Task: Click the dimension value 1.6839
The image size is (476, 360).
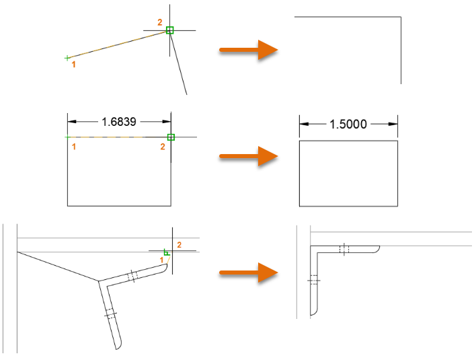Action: [x=119, y=122]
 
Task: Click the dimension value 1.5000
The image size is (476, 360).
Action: [x=348, y=124]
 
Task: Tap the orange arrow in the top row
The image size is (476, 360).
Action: [x=248, y=50]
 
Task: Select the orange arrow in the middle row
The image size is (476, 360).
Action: [x=248, y=156]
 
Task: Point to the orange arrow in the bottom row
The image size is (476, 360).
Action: [x=248, y=273]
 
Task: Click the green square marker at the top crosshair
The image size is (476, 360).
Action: [x=170, y=30]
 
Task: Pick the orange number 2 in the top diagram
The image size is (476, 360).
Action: [x=160, y=22]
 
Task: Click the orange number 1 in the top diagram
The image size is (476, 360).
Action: [x=73, y=64]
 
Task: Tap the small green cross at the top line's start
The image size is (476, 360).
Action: [x=67, y=58]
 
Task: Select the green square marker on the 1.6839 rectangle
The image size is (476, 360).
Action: [x=171, y=137]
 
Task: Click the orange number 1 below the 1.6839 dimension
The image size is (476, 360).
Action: [x=73, y=147]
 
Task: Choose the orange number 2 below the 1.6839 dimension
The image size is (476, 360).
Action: [x=163, y=147]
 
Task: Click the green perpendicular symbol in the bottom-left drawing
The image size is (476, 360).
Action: [x=166, y=252]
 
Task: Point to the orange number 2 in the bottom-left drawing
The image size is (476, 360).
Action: [x=179, y=245]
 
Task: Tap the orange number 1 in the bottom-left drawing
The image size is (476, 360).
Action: [x=161, y=260]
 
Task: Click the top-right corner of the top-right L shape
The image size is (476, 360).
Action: [x=401, y=17]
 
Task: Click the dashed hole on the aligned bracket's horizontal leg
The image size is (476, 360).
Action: [x=344, y=249]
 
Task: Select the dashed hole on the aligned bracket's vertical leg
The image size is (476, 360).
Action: [x=314, y=280]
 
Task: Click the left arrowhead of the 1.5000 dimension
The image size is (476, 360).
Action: [x=304, y=124]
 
